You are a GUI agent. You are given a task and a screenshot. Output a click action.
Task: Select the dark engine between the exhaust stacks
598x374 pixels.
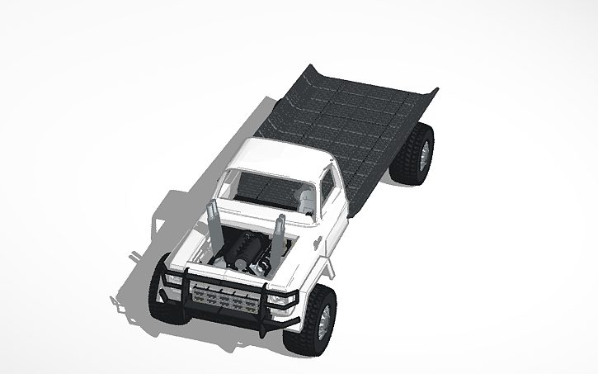tap(245, 249)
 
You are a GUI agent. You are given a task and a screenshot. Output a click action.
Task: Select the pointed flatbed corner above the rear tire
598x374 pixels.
tap(435, 88)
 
